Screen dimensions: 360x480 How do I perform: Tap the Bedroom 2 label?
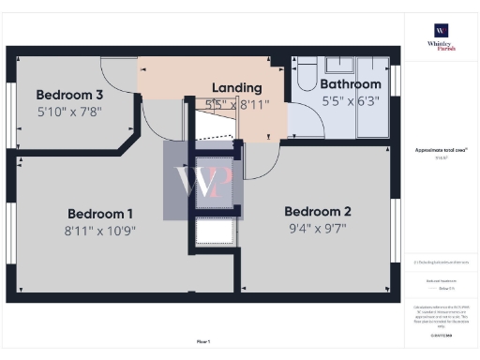[x=318, y=210]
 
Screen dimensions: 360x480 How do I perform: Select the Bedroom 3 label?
[x=70, y=95]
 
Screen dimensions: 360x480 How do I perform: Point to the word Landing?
[x=236, y=87]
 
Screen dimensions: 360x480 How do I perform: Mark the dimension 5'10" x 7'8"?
[x=69, y=111]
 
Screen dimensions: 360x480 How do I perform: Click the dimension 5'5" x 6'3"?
[x=352, y=99]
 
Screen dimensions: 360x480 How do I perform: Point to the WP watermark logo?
[x=203, y=181]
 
